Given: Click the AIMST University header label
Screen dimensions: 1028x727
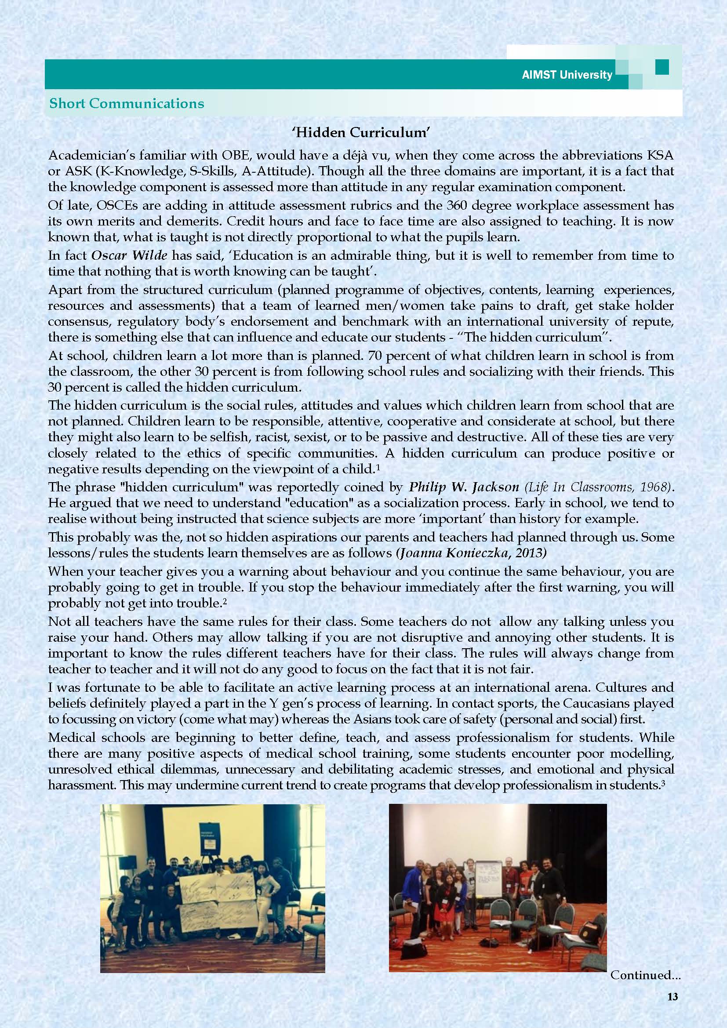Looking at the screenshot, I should tap(567, 75).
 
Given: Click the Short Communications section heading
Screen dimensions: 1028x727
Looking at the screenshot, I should tap(127, 103).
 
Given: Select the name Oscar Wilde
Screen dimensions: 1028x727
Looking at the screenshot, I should tap(129, 256).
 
